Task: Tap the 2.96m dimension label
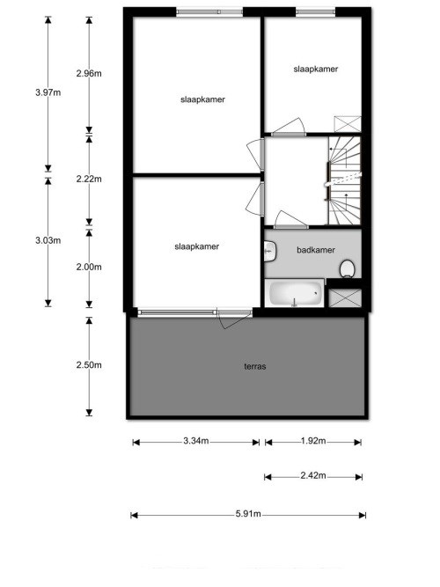pos(89,73)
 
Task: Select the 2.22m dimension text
pos(89,179)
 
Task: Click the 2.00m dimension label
pos(89,268)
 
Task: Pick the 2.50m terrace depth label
pos(89,365)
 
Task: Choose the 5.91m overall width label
pos(247,515)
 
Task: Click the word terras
pos(254,366)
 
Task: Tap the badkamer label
pos(315,250)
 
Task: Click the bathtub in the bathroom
pos(294,293)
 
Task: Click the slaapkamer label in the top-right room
pos(316,69)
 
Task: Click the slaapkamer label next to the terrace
pos(196,246)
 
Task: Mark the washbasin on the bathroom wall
pos(269,251)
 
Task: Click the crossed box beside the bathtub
pos(343,296)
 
